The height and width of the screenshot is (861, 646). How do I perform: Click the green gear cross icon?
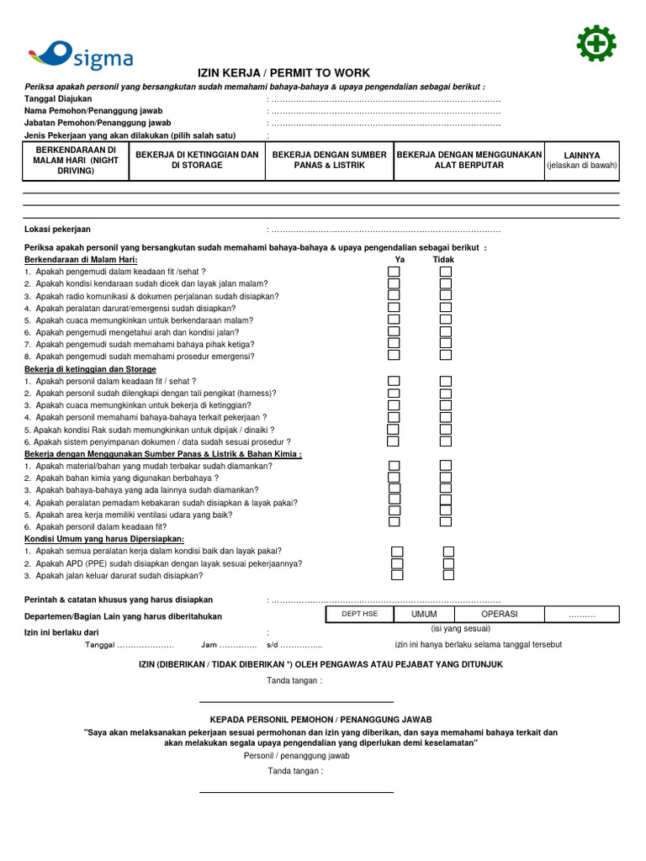pos(596,44)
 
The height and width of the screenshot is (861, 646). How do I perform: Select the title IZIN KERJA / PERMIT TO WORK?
pos(283,73)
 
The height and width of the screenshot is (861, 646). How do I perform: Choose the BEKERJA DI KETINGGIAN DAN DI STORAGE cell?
pos(197,160)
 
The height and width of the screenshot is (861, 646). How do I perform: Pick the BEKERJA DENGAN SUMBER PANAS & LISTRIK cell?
pos(329,160)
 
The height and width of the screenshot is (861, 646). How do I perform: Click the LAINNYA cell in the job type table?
pos(581,160)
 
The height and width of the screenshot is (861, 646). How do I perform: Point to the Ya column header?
pos(400,260)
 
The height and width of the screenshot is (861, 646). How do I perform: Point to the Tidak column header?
pos(443,260)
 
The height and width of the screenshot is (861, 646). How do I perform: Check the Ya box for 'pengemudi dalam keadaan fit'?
pos(394,272)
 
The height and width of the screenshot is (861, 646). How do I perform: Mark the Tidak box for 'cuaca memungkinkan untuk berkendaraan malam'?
pos(446,320)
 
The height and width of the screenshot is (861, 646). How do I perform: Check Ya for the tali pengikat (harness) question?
pos(394,394)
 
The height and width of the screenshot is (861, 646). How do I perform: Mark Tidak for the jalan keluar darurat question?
pos(448,576)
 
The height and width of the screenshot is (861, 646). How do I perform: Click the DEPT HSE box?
pos(359,615)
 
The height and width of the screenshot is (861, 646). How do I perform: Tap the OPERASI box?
pos(499,615)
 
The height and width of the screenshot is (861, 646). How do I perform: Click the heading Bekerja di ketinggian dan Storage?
pos(90,369)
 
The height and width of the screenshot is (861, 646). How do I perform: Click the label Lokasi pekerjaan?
pos(58,229)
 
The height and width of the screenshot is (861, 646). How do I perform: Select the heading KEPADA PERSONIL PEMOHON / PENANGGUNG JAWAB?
pos(320,720)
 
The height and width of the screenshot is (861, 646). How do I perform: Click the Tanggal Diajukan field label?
pos(58,98)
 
